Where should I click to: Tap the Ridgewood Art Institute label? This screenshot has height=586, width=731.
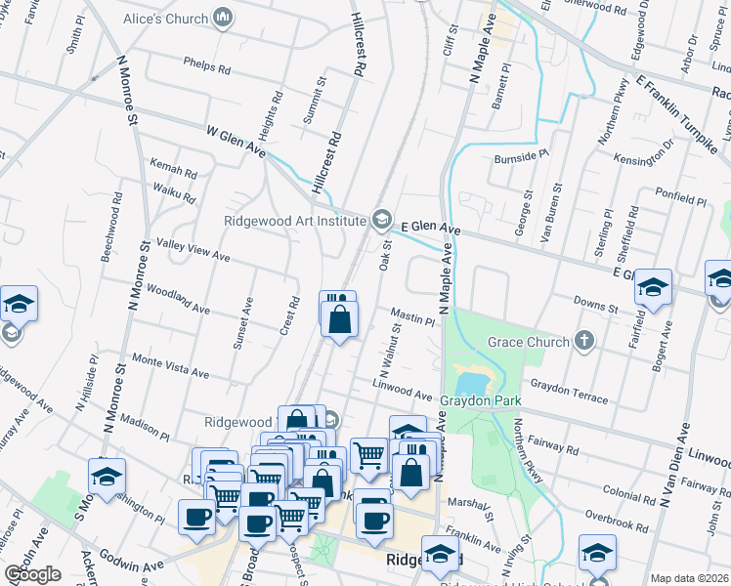[x=294, y=220]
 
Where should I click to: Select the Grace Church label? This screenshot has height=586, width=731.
[x=529, y=342]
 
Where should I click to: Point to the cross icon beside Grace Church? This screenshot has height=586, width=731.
[x=584, y=341]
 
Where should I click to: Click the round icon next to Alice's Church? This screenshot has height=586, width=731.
[x=223, y=17]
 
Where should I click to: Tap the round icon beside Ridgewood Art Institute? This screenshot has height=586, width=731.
[x=381, y=220]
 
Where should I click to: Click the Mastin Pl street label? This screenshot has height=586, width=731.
[x=411, y=317]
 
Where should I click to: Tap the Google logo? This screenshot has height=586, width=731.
[x=32, y=574]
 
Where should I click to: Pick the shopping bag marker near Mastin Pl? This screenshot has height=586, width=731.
[x=339, y=320]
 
